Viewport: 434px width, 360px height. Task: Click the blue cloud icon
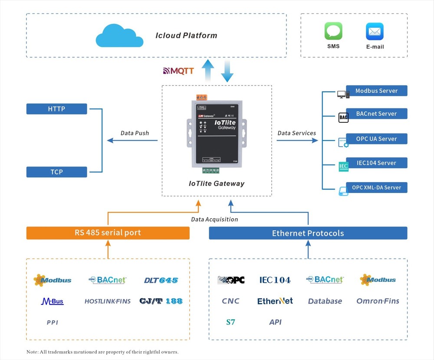(x=119, y=35)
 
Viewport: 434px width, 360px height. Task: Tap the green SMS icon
(x=333, y=31)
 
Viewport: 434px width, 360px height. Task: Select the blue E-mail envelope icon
(x=375, y=32)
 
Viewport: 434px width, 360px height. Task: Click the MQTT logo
(x=178, y=71)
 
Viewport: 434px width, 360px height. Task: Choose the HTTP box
(x=56, y=109)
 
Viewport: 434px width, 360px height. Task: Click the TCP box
(x=56, y=172)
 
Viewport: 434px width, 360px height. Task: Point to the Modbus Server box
(x=376, y=91)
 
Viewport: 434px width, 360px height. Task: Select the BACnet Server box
(x=376, y=114)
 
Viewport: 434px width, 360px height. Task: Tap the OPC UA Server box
(x=376, y=139)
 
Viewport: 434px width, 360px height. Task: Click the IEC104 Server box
(x=376, y=163)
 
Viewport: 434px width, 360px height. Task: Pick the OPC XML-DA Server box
(x=376, y=187)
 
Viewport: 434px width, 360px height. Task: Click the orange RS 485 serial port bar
(x=108, y=233)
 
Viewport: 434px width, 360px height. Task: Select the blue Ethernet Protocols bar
(x=308, y=233)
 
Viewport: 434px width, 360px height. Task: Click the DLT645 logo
(x=161, y=280)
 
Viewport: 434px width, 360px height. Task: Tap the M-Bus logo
(x=52, y=301)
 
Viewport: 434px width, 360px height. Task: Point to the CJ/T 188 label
(x=161, y=301)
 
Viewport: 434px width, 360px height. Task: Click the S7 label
(x=230, y=322)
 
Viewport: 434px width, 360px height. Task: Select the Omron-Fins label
(x=378, y=301)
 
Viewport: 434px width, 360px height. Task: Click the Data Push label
(x=135, y=133)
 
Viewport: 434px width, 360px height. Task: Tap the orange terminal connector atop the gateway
(x=201, y=98)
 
